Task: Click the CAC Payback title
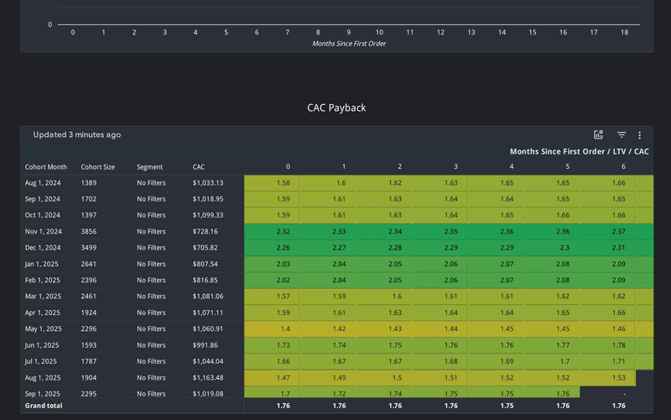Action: point(335,108)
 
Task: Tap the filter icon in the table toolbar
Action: point(622,134)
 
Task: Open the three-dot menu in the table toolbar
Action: point(640,134)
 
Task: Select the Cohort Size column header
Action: point(98,166)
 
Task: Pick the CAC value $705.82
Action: point(205,247)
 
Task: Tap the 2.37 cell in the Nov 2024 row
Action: point(618,231)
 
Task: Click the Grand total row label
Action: point(43,406)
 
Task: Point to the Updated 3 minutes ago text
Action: point(77,134)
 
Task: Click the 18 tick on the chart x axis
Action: point(624,33)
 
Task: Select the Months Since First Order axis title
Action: point(349,43)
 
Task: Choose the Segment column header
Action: point(150,166)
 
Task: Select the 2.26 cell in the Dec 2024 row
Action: point(283,247)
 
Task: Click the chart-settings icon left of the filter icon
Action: point(599,134)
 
